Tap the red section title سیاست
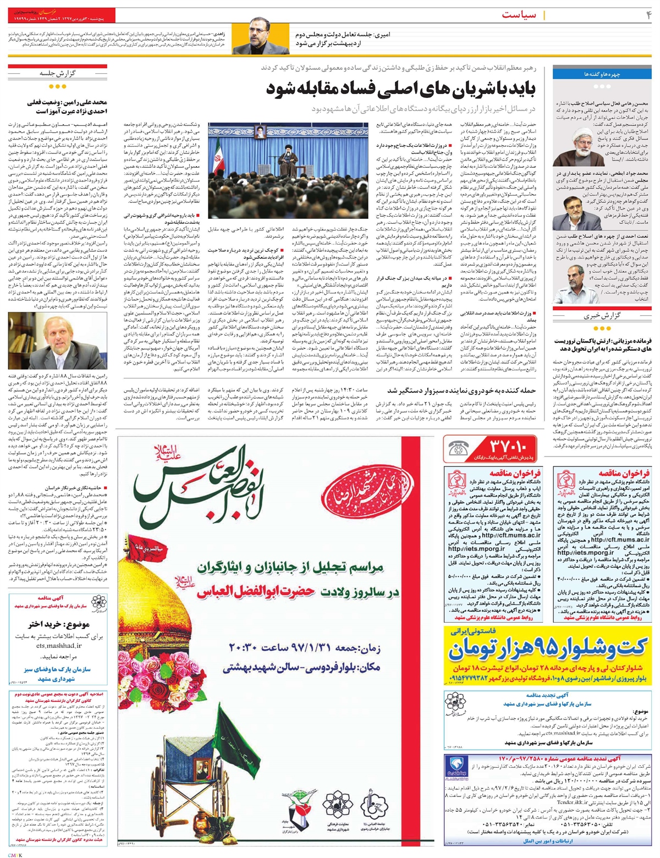pyautogui.click(x=518, y=15)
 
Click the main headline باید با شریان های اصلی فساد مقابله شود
pyautogui.click(x=404, y=90)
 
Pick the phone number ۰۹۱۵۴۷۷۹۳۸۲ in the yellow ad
pyautogui.click(x=481, y=678)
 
